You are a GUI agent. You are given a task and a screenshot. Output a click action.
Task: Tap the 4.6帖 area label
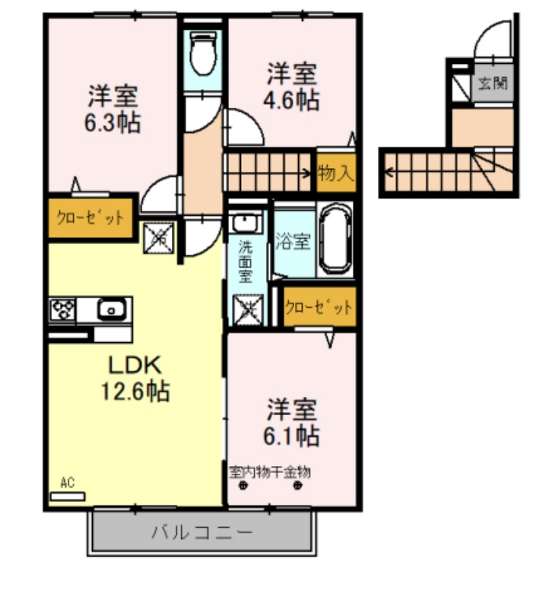[x=292, y=101]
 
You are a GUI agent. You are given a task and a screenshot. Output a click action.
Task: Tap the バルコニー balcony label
[x=201, y=531]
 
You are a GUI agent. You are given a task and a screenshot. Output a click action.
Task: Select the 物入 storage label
[x=335, y=173]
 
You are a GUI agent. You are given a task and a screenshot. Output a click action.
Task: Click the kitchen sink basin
[x=110, y=309]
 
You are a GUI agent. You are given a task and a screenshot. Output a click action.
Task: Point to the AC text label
[x=67, y=483]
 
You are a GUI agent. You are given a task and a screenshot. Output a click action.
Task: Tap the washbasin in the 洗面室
[x=246, y=223]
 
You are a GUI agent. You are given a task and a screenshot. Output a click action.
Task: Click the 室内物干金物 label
[x=270, y=472]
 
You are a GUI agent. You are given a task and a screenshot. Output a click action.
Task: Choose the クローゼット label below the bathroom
[x=319, y=307]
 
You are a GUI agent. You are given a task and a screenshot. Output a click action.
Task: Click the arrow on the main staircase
[x=308, y=172]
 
